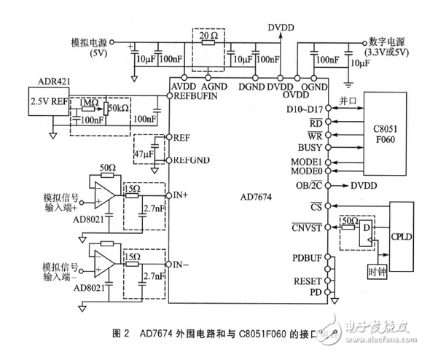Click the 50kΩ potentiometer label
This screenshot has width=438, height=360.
tap(117, 108)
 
